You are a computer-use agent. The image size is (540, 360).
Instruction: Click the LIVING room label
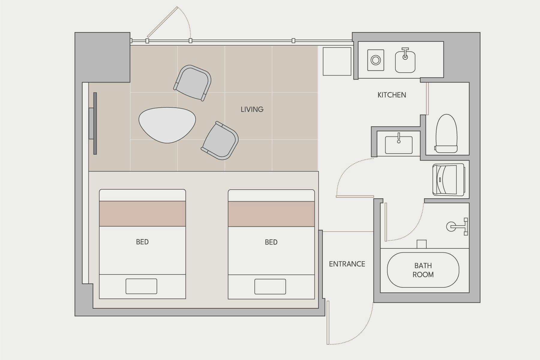coord(252,109)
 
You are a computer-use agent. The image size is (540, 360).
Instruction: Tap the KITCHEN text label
coord(392,95)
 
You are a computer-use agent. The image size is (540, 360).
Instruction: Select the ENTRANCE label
coord(347,264)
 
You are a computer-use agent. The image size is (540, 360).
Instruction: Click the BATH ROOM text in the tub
coord(423,270)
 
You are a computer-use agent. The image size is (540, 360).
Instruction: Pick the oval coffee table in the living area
coord(167,124)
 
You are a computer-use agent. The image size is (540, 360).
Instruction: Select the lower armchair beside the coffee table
coord(220,141)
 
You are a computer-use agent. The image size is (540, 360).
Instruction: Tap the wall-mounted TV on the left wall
coord(93,123)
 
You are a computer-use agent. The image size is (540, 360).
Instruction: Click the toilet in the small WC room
coord(447,133)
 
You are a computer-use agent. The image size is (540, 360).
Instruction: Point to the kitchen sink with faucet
coord(405,61)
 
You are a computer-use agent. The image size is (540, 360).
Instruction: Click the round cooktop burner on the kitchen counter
coord(376,60)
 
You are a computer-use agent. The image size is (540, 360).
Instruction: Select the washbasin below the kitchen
coord(399,145)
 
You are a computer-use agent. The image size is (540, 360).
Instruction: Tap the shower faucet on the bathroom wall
coord(457,226)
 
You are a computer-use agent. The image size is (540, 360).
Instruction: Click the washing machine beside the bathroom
coord(448,180)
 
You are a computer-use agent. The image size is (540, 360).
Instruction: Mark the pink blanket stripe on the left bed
coord(142,214)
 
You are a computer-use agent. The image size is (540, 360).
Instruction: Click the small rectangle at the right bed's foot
coord(270,286)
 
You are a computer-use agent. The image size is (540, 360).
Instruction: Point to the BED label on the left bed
coord(142,242)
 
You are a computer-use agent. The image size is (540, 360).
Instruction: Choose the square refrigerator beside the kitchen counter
coord(337,61)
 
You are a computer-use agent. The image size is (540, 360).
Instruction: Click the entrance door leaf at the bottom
coord(328,322)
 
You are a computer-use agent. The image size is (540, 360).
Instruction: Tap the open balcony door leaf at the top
coord(162,23)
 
